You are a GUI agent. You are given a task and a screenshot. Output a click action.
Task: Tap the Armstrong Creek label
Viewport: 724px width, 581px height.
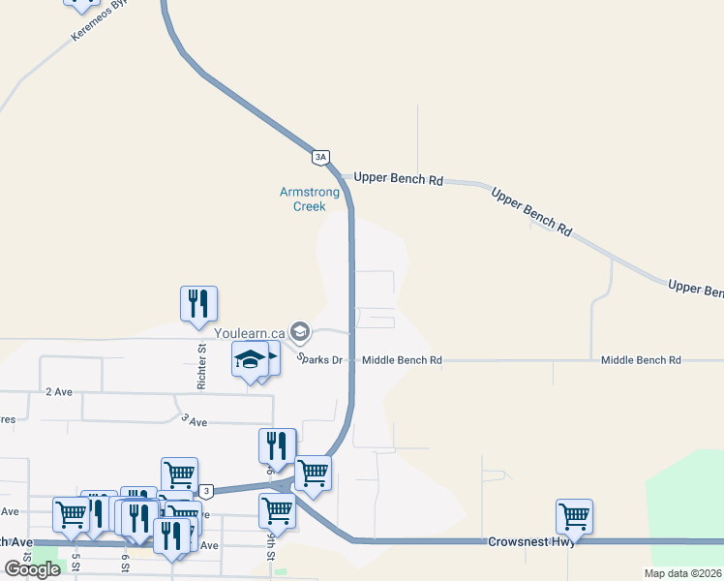pos(310,199)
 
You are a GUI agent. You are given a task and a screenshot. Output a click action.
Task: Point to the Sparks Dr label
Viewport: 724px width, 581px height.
pos(319,359)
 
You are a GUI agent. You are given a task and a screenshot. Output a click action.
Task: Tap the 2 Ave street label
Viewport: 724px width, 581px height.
pos(59,392)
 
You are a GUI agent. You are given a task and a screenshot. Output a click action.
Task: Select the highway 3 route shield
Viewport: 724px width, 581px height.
pos(206,492)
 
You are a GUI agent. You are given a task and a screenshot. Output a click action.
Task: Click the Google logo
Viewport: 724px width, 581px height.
pos(33,569)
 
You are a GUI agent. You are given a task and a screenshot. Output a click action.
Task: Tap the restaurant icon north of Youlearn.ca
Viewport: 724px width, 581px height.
pos(198,302)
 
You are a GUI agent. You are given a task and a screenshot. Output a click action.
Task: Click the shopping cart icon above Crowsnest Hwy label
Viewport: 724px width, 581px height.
pos(574,515)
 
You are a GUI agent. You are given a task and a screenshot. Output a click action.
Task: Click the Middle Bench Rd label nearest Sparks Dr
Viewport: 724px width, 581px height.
pos(402,360)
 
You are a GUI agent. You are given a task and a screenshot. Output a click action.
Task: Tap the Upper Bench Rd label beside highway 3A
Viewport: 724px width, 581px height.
pos(398,179)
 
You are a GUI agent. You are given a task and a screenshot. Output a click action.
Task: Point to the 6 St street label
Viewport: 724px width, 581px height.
pos(126,562)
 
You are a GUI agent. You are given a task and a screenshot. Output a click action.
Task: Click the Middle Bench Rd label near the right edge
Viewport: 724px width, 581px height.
pos(641,360)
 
